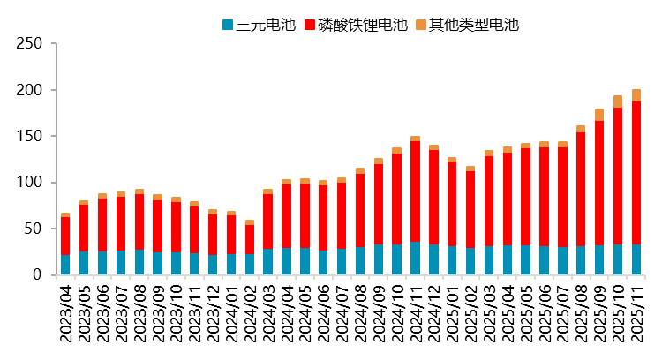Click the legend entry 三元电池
click(x=260, y=25)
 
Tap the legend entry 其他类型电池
click(x=473, y=25)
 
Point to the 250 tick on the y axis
click(x=30, y=44)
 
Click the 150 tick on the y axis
click(x=30, y=137)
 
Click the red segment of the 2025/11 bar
click(x=636, y=173)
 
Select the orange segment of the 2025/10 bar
click(x=618, y=101)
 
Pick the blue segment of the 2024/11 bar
click(x=415, y=259)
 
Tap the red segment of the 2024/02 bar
click(x=250, y=239)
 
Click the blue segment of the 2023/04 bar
click(x=65, y=265)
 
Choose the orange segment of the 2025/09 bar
click(x=599, y=115)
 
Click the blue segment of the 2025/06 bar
click(x=544, y=260)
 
